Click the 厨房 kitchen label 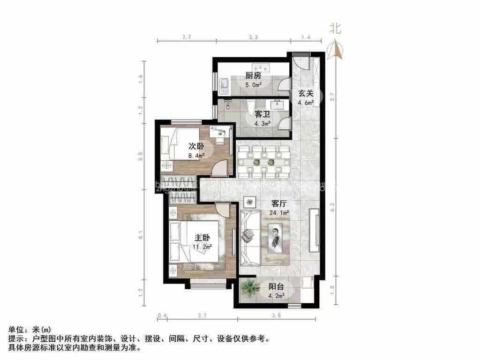[x=253, y=76]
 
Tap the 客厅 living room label [x=280, y=204]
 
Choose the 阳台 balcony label [x=276, y=287]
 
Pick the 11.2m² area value [x=203, y=246]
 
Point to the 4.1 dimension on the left [x=141, y=238]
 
